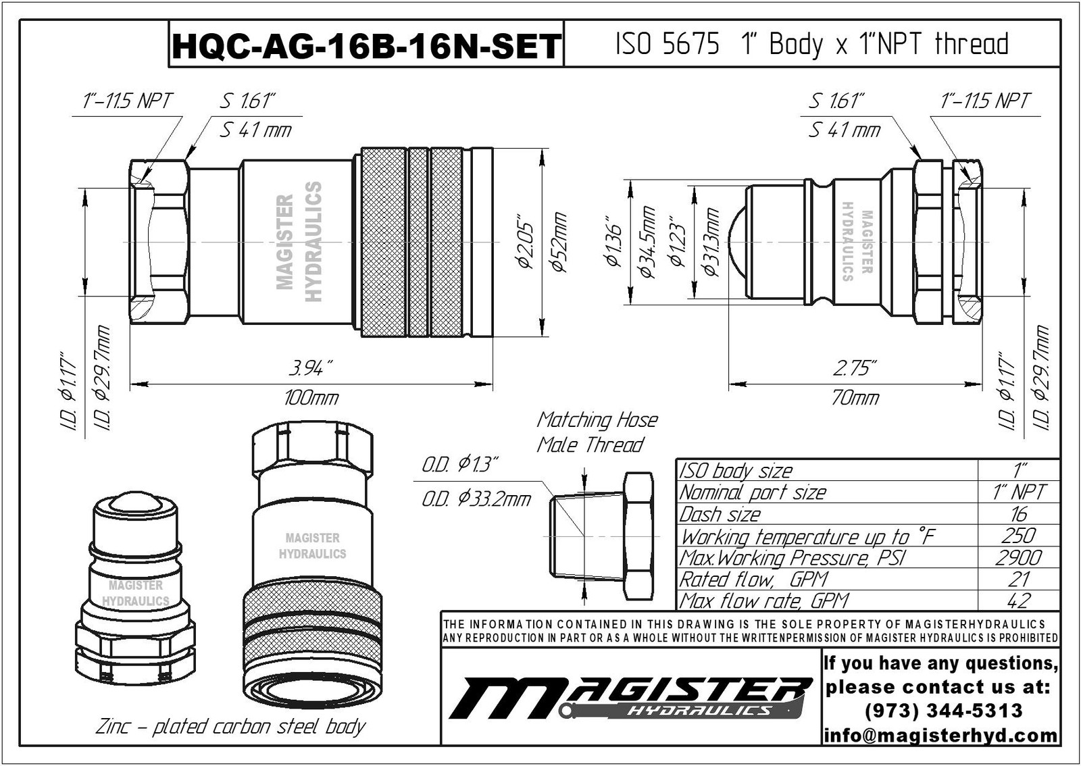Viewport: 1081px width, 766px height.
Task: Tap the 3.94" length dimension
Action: point(310,369)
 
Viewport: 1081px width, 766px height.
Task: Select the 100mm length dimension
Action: point(310,397)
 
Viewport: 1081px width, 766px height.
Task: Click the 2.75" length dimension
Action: point(855,369)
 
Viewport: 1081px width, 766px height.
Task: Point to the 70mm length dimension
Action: point(855,397)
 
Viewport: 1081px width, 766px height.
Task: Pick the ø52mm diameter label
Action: point(559,242)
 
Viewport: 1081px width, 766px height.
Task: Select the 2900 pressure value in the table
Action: point(1018,557)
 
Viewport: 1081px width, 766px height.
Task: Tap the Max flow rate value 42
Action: point(1018,601)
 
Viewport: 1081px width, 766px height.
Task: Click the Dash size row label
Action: point(720,514)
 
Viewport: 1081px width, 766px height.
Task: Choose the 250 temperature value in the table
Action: point(1018,536)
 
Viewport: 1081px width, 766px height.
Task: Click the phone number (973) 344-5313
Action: point(943,711)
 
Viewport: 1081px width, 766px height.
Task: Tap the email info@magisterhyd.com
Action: point(940,735)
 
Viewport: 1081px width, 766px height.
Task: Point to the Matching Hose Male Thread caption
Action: point(596,432)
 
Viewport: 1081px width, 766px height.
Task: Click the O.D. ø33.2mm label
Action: point(476,500)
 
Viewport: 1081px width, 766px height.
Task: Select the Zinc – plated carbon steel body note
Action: point(230,727)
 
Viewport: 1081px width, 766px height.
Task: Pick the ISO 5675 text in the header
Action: point(667,45)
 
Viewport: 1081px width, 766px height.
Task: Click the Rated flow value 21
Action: point(1018,579)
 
